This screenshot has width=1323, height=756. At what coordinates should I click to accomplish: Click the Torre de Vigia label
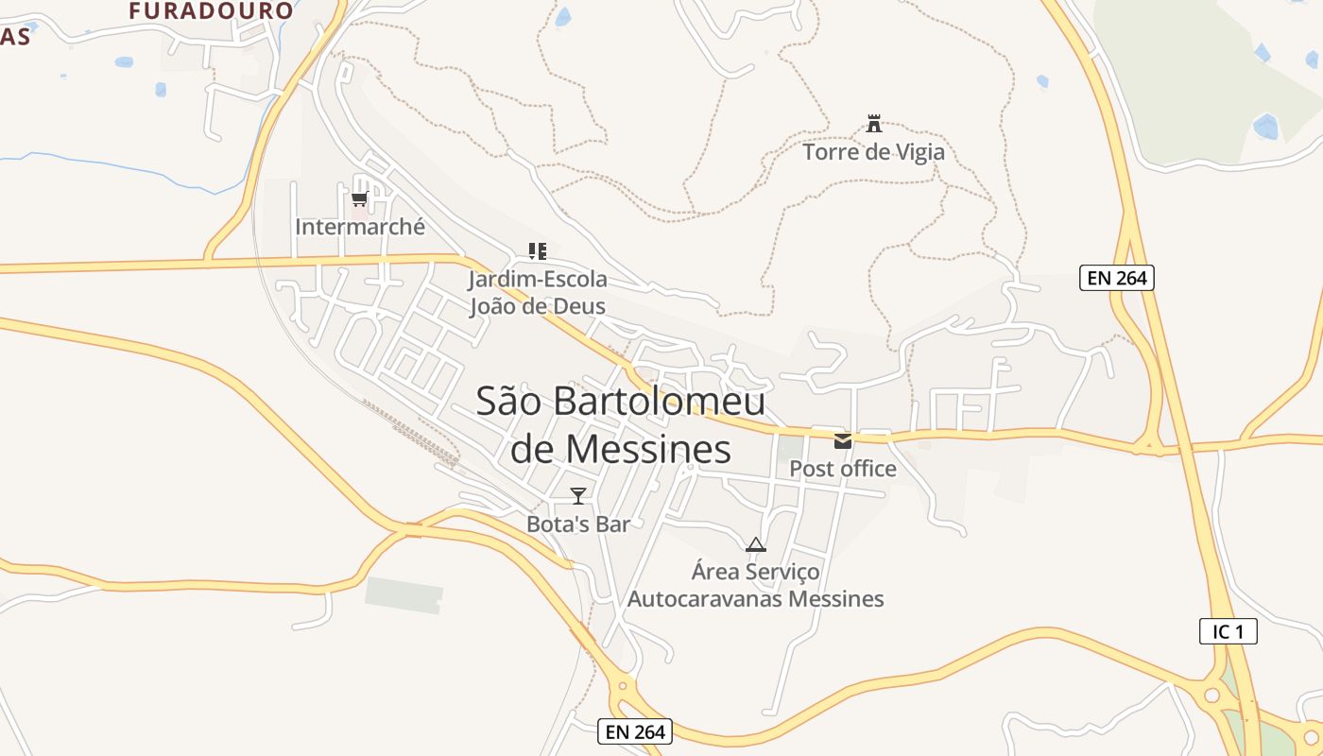click(x=873, y=151)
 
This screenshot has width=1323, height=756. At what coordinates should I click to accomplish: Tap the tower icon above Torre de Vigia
click(x=874, y=123)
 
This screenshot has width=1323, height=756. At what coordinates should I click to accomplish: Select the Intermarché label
click(x=360, y=227)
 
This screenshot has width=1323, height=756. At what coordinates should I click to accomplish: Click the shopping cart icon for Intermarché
click(x=359, y=198)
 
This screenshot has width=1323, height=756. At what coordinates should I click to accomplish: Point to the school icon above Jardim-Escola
click(x=538, y=251)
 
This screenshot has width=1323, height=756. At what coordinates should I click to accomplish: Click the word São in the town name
click(x=508, y=401)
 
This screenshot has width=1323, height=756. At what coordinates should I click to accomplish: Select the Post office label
click(x=843, y=469)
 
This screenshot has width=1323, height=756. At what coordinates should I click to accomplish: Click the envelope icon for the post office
click(x=843, y=441)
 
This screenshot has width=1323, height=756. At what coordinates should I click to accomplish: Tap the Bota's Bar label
click(x=578, y=524)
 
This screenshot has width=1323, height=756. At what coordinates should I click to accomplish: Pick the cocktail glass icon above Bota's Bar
click(x=578, y=495)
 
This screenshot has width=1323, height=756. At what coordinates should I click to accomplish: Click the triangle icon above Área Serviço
click(x=755, y=544)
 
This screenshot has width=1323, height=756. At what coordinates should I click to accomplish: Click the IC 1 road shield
click(x=1228, y=631)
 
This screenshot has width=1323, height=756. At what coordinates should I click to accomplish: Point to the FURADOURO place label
click(x=212, y=11)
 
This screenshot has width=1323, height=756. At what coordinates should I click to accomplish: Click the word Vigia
click(x=916, y=151)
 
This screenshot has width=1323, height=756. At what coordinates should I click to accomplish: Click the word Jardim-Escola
click(x=538, y=280)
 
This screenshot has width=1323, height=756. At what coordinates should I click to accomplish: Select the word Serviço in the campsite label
click(x=783, y=572)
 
